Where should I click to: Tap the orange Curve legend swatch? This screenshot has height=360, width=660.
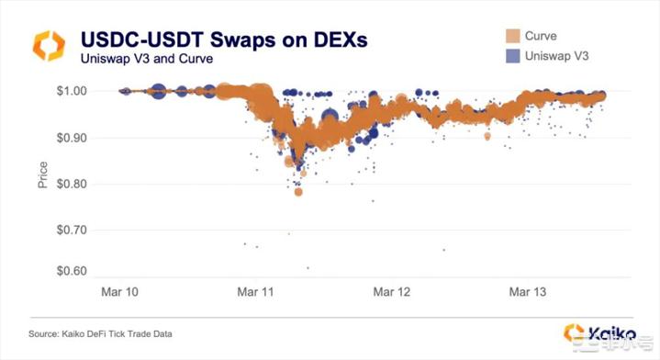coord(511,36)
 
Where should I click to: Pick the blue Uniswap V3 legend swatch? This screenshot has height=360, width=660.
coord(511,57)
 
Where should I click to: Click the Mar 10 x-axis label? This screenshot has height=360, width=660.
coord(119,293)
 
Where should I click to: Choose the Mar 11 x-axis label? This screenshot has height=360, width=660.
coord(255,293)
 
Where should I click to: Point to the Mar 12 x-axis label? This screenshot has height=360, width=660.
coord(392,293)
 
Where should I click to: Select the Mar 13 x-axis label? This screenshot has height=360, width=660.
coord(528,293)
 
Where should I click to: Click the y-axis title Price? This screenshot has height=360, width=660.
coord(42,176)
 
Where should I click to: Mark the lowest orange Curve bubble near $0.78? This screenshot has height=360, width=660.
coord(298,192)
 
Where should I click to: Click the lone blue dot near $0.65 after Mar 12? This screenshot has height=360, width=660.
coord(443,250)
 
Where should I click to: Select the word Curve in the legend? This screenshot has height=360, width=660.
coord(541,36)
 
